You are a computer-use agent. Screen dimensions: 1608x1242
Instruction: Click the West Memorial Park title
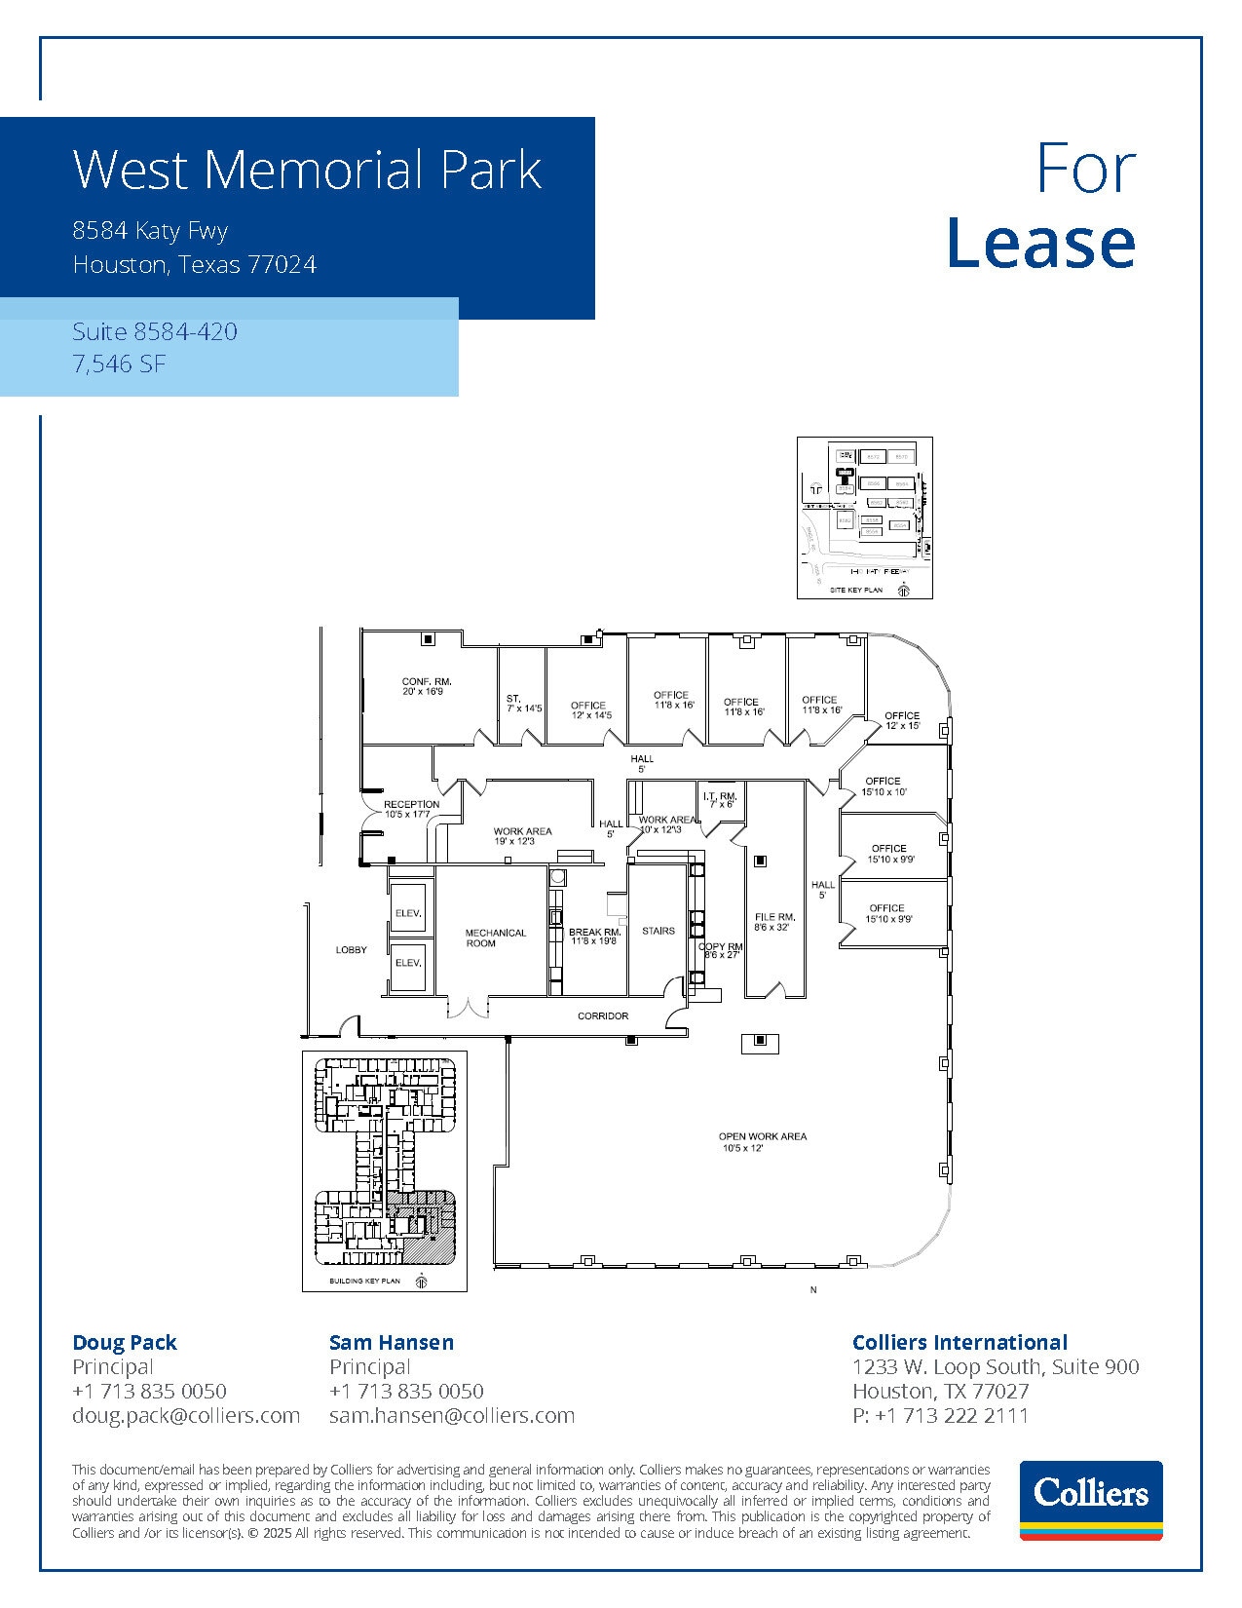(x=307, y=170)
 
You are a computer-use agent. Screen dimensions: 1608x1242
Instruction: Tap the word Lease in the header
(x=1040, y=244)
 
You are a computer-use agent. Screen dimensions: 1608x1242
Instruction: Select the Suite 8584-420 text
(x=155, y=332)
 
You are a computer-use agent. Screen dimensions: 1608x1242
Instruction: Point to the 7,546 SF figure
(x=118, y=364)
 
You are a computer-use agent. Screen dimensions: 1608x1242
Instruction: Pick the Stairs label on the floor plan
(x=659, y=931)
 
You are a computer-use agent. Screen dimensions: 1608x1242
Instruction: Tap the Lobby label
(x=351, y=949)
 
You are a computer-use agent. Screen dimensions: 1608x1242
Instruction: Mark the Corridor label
(x=603, y=1015)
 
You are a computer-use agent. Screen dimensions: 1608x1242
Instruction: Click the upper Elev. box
(x=408, y=913)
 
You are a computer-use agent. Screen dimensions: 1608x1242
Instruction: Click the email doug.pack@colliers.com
(x=186, y=1415)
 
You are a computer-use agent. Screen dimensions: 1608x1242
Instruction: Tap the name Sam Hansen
(x=391, y=1342)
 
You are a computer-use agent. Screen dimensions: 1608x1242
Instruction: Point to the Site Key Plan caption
(x=856, y=591)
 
